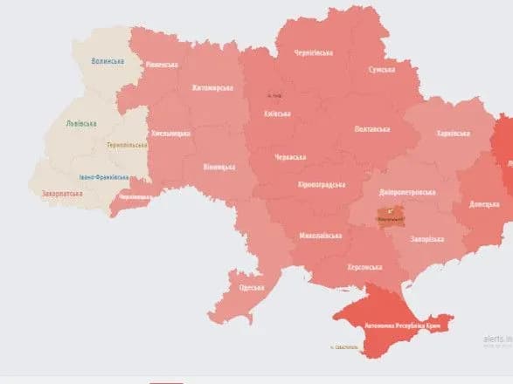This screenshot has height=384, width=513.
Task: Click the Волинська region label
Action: point(107,61)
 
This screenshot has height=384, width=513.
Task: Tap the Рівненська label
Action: point(162,65)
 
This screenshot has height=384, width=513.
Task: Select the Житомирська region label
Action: point(213,88)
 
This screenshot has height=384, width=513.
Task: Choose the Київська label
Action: point(277,114)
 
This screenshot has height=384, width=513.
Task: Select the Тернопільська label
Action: point(125,145)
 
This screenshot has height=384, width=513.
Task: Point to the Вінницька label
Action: point(218,166)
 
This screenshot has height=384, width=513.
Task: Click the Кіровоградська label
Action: point(321,185)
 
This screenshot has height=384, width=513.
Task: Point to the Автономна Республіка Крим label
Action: point(395,325)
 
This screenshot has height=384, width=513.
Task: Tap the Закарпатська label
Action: point(62,194)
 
